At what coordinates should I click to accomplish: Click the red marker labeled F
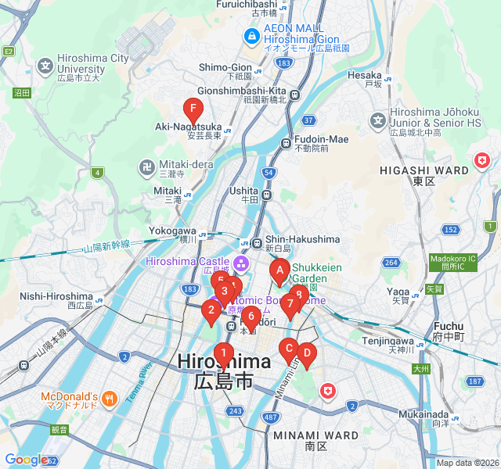tap(192, 109)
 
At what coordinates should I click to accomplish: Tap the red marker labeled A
tap(279, 271)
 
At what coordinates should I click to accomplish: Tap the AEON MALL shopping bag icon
tap(251, 34)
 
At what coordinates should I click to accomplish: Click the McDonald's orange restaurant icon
tap(109, 396)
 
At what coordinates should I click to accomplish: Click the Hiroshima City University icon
tap(45, 65)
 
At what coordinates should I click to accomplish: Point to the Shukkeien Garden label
tap(316, 273)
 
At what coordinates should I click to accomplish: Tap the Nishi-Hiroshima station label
tap(56, 296)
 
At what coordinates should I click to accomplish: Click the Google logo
tap(26, 460)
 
